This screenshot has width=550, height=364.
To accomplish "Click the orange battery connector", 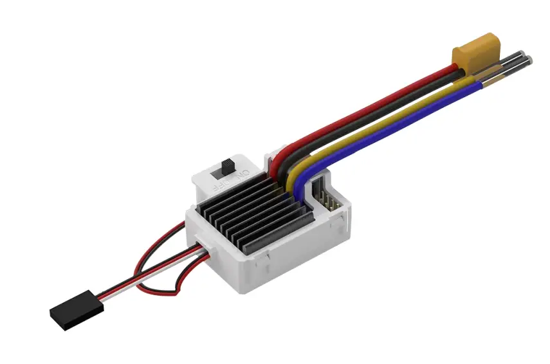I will click(x=476, y=51).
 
